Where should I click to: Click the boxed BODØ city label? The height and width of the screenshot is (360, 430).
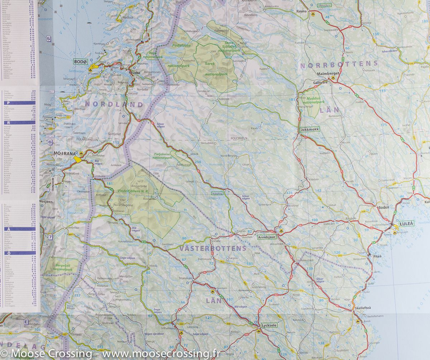pyautogui.click(x=81, y=62)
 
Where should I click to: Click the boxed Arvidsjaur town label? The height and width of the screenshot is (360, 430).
pyautogui.click(x=267, y=237)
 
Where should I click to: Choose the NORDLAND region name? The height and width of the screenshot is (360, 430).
pyautogui.click(x=114, y=105)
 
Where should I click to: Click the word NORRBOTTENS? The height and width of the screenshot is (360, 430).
pyautogui.click(x=339, y=64)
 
